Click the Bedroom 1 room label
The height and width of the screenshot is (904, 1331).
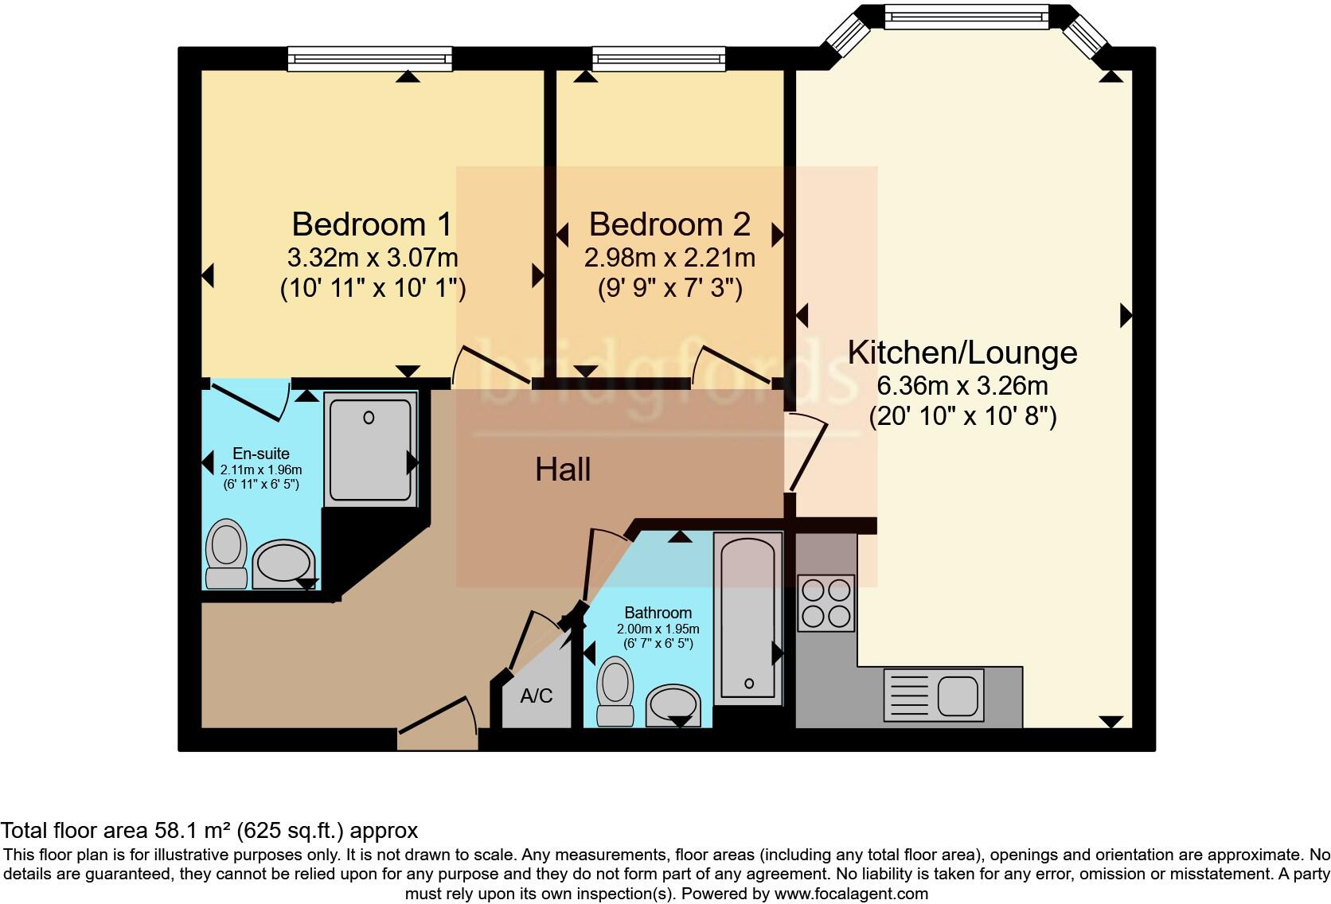(x=372, y=224)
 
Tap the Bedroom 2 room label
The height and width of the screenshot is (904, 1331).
(x=669, y=224)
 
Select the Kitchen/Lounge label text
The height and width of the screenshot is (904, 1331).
(x=962, y=353)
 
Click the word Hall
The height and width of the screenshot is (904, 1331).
(x=563, y=470)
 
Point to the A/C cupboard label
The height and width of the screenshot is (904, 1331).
(x=536, y=696)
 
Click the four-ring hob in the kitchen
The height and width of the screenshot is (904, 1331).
(x=826, y=602)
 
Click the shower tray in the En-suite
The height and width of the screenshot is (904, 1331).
(x=370, y=449)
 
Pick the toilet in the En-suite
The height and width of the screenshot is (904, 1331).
(x=226, y=555)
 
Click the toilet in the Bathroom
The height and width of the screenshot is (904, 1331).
(x=615, y=692)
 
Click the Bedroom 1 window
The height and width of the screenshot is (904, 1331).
(x=369, y=58)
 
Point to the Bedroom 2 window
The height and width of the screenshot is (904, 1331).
(x=658, y=58)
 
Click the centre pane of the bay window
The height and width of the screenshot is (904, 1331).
(x=966, y=16)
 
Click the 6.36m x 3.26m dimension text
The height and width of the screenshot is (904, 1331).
(x=962, y=386)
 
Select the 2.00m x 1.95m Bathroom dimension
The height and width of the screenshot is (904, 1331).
(x=658, y=629)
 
